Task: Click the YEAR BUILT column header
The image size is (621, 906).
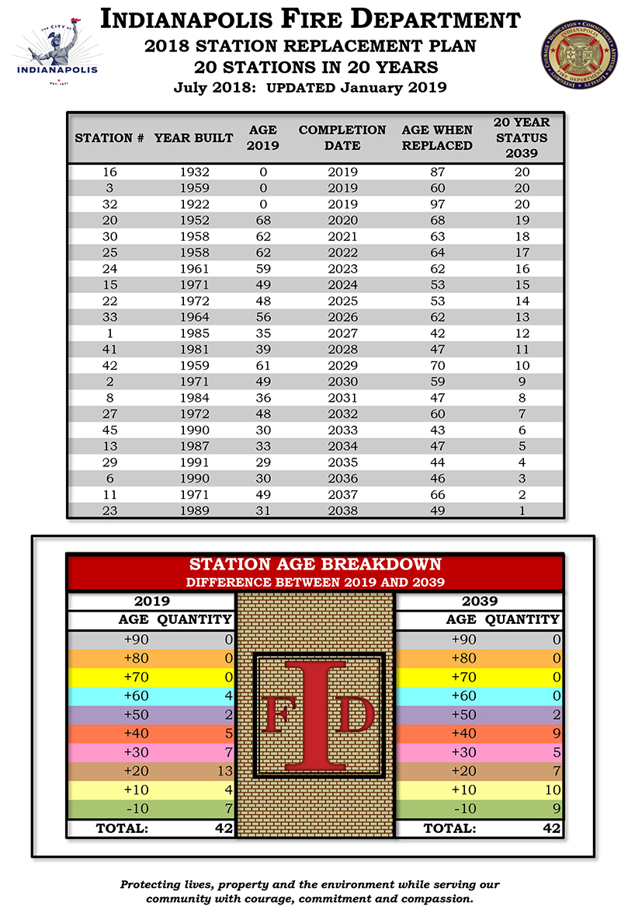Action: (193, 138)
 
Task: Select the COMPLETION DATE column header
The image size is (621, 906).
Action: (342, 138)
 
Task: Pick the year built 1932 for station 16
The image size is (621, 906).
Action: (194, 172)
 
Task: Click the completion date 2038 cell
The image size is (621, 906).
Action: (342, 510)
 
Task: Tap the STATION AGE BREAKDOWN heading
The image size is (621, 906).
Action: (315, 564)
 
